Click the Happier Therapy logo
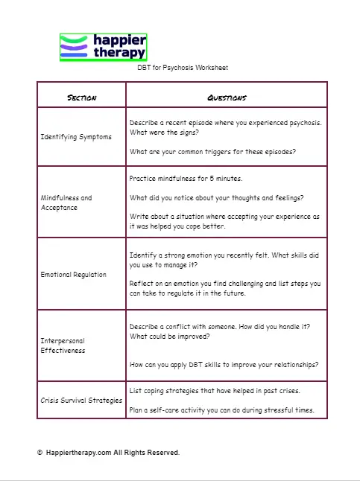tap(103, 47)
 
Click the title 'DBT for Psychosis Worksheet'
tap(183, 68)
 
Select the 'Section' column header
tap(81, 98)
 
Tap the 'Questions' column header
tap(227, 98)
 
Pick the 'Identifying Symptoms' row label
tap(76, 137)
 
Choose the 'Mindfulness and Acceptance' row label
tap(66, 203)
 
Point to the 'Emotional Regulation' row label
tap(73, 275)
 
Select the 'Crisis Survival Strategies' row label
tap(81, 401)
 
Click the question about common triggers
tap(212, 152)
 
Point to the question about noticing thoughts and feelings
tap(221, 198)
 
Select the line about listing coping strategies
tap(215, 391)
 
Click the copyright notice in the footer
tap(108, 453)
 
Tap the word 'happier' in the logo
tap(120, 39)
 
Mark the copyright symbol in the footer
tap(40, 453)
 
